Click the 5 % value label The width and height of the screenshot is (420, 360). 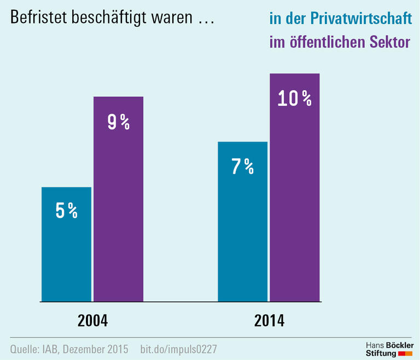click(x=66, y=210)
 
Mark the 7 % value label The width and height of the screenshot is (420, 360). click(x=242, y=166)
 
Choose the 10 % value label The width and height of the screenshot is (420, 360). click(x=294, y=98)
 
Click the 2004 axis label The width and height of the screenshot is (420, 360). click(x=92, y=320)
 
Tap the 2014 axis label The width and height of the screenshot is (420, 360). click(x=269, y=320)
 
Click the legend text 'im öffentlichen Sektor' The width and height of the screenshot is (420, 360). click(x=340, y=43)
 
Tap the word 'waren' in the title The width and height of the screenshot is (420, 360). click(x=178, y=19)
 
